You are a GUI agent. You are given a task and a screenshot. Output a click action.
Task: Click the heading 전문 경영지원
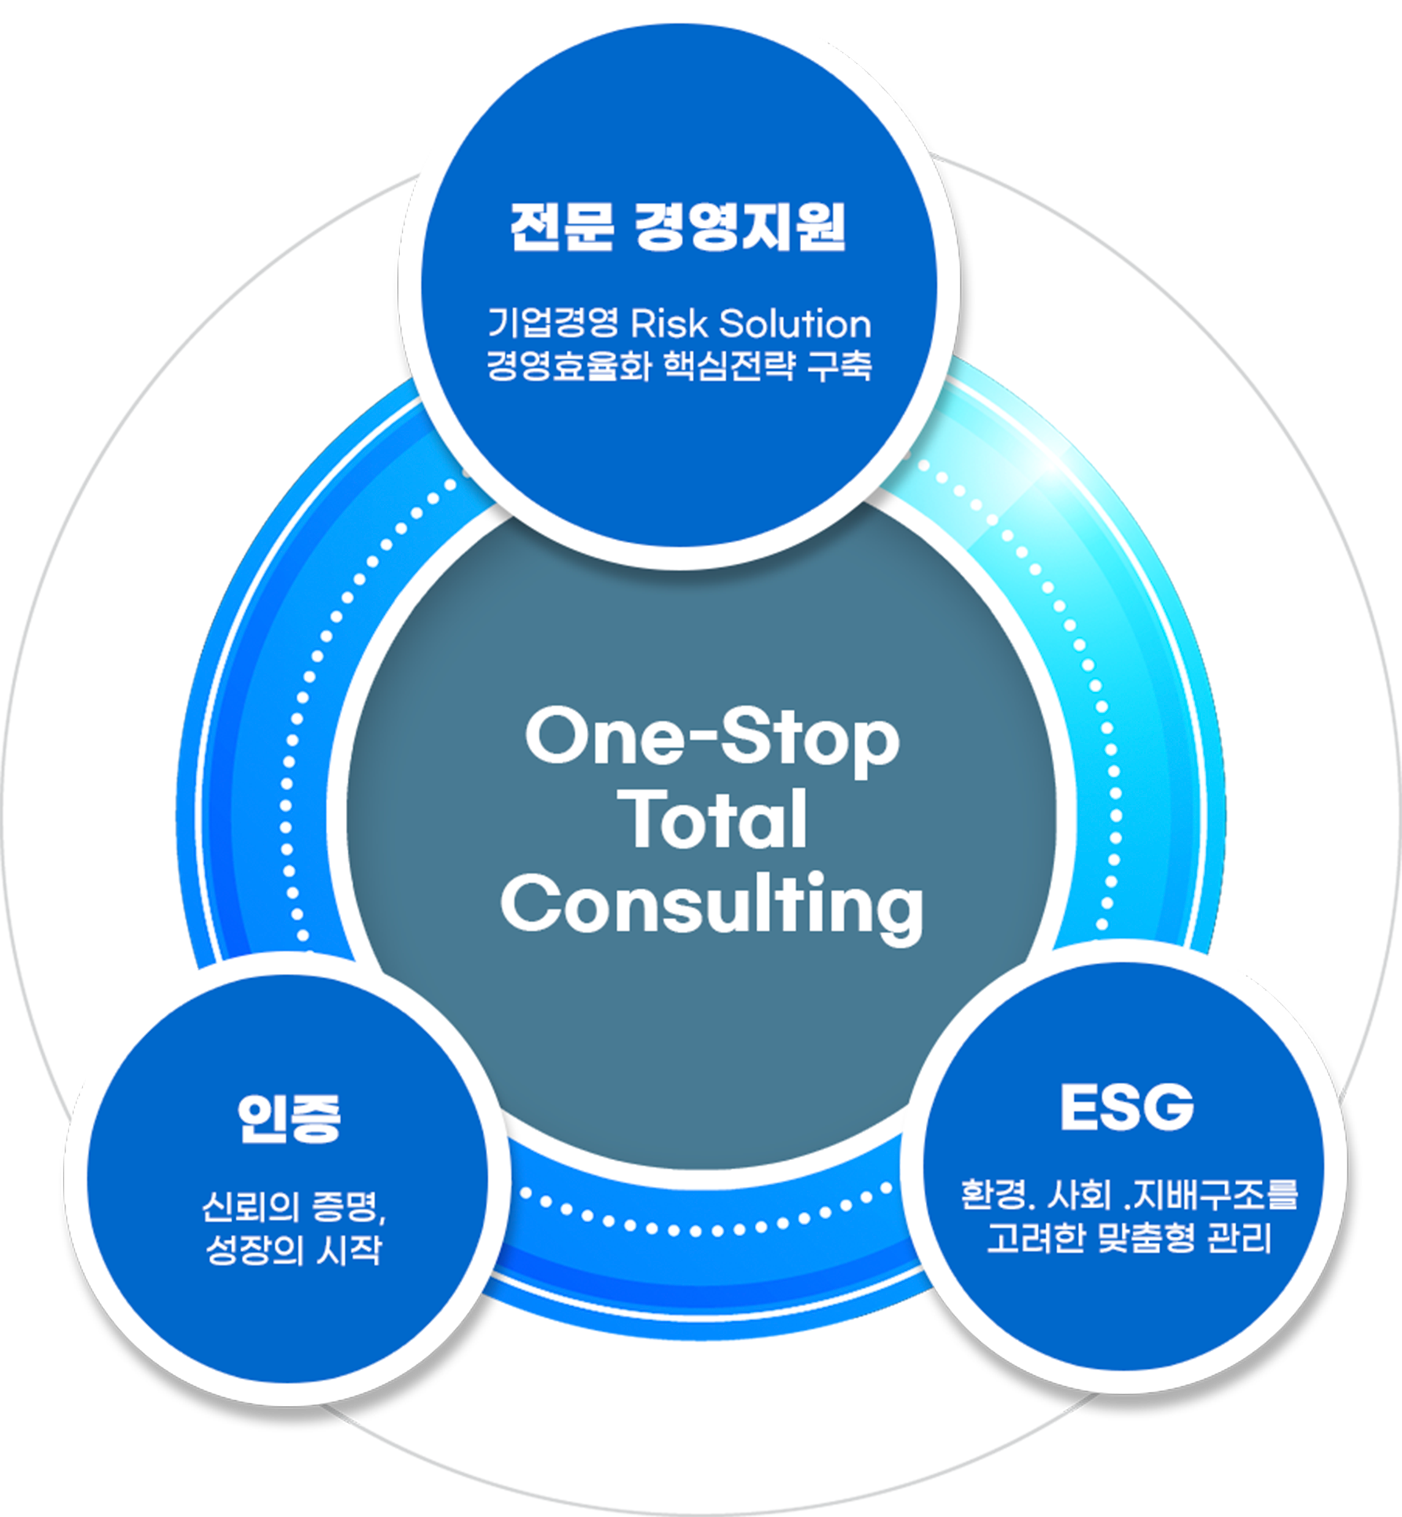coord(678,227)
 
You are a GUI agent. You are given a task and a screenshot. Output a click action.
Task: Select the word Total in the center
coord(716,821)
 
